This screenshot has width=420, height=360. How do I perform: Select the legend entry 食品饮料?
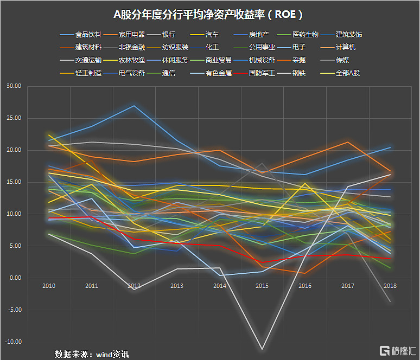[88, 35]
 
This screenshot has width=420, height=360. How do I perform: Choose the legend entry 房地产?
[260, 35]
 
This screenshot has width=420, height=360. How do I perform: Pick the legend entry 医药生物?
[305, 35]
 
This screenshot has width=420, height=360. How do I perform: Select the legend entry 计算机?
[345, 47]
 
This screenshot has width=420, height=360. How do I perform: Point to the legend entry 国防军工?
[262, 73]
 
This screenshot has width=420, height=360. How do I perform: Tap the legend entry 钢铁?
[299, 73]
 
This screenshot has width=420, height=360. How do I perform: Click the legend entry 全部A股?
[348, 73]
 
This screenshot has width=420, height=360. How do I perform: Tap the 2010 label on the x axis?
[49, 285]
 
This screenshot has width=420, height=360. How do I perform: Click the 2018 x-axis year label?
[390, 285]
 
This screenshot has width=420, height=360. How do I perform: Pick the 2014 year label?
[220, 285]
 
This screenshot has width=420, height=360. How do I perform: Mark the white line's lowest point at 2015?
[263, 349]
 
